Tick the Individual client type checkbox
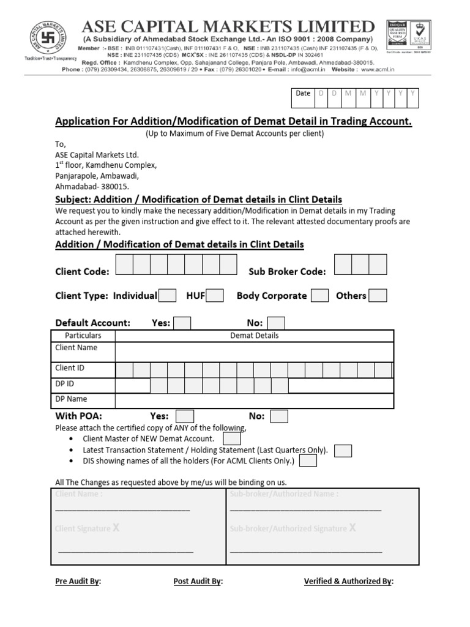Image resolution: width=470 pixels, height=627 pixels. click(168, 296)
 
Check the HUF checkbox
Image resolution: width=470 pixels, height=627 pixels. click(214, 296)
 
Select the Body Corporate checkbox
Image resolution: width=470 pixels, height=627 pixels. click(319, 296)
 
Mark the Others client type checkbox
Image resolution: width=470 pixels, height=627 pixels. click(378, 296)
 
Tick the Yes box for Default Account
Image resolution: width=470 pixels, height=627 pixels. click(182, 323)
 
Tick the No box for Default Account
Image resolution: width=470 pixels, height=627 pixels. click(276, 323)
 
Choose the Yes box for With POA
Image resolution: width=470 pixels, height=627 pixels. click(185, 416)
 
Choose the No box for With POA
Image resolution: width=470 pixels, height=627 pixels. click(279, 416)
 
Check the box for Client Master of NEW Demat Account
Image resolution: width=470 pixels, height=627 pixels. click(232, 439)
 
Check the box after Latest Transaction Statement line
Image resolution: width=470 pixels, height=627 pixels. click(343, 451)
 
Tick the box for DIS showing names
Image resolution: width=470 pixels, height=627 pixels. click(308, 461)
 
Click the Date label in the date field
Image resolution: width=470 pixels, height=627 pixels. click(303, 93)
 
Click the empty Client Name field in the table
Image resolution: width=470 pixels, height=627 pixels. click(254, 352)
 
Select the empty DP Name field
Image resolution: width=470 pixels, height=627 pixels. click(254, 400)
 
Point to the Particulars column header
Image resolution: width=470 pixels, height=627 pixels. click(83, 336)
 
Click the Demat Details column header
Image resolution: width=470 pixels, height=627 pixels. click(254, 336)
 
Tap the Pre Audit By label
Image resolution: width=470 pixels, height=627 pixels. click(78, 582)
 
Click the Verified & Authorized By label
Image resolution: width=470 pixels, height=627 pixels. click(349, 582)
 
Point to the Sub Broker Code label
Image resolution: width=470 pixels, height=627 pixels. click(287, 272)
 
